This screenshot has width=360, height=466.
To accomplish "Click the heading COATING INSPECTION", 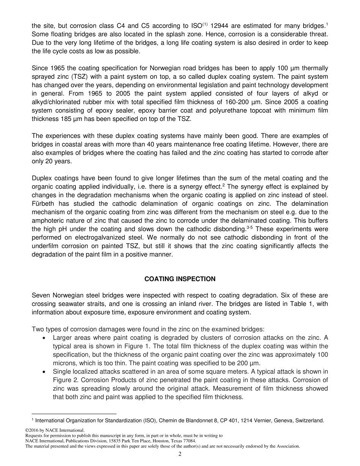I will (x=180, y=279).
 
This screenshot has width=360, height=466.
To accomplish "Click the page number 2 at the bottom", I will (x=180, y=455).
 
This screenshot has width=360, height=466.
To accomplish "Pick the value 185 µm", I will (x=70, y=119).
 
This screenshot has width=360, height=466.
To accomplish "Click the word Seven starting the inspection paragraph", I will (x=41, y=296).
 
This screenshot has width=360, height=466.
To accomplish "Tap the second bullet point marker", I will (x=45, y=372).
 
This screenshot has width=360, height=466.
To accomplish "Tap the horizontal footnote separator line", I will (x=74, y=414).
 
